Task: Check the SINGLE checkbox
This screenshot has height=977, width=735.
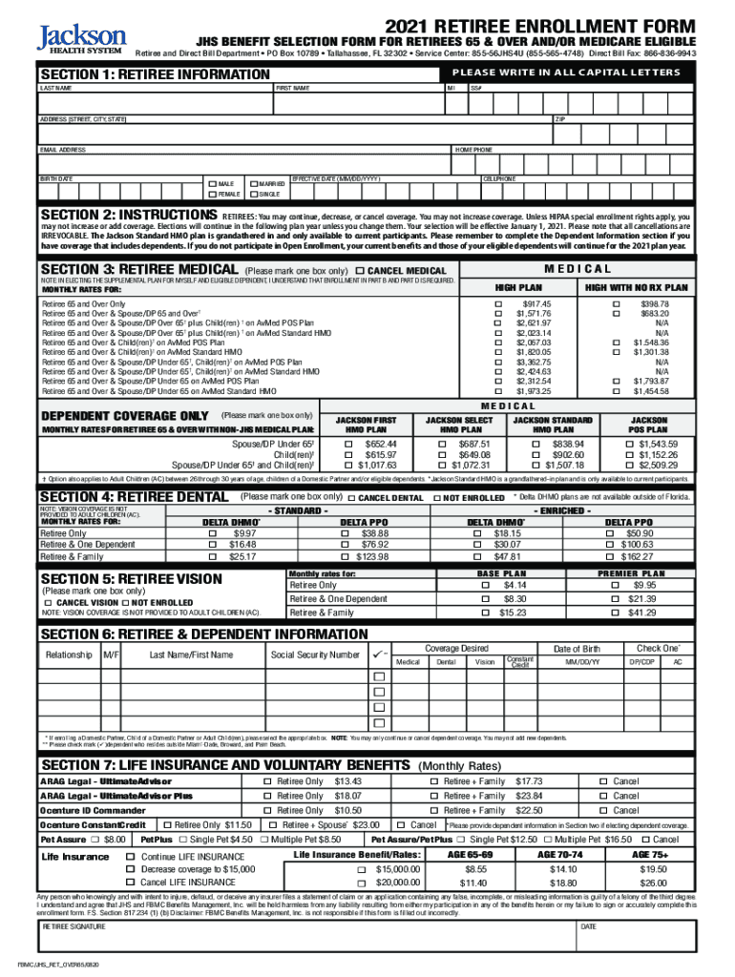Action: click(252, 194)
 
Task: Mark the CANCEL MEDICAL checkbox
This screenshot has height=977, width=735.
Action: click(360, 272)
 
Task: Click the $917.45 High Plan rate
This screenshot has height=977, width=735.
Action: click(534, 303)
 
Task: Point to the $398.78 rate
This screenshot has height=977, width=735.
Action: click(654, 303)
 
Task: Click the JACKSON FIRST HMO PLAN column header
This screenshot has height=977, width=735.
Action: click(366, 425)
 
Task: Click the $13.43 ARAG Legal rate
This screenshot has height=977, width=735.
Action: click(348, 781)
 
